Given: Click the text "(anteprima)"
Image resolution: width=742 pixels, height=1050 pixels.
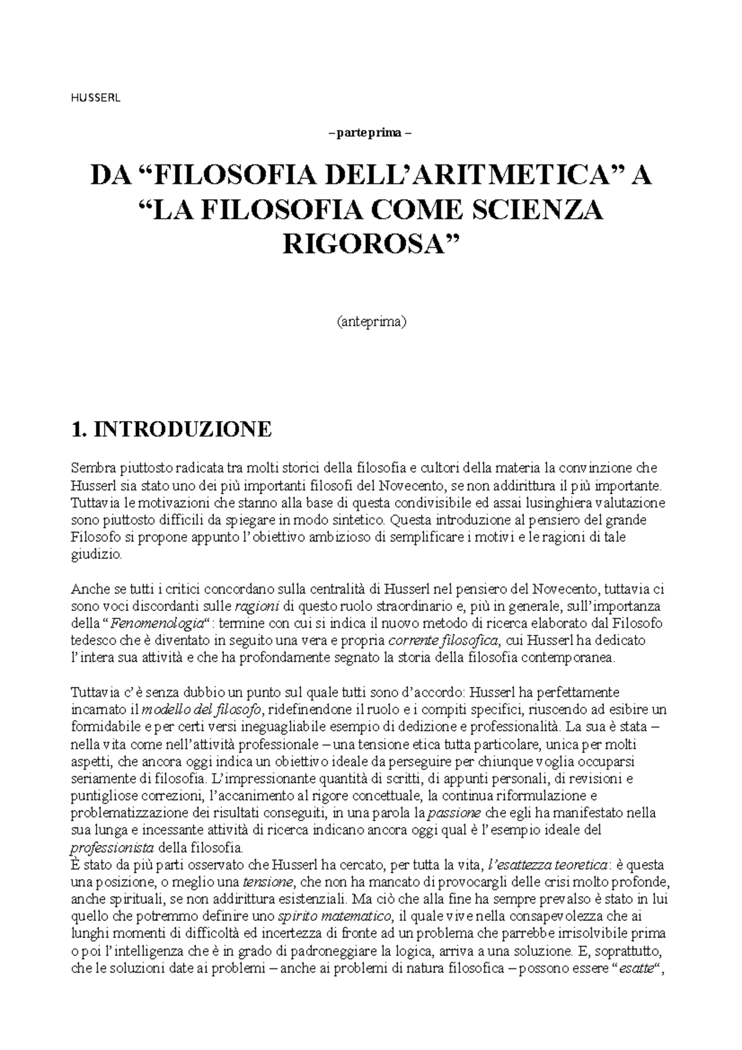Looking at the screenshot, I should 371,322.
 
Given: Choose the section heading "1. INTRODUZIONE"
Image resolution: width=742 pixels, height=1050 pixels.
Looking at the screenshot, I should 171,429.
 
